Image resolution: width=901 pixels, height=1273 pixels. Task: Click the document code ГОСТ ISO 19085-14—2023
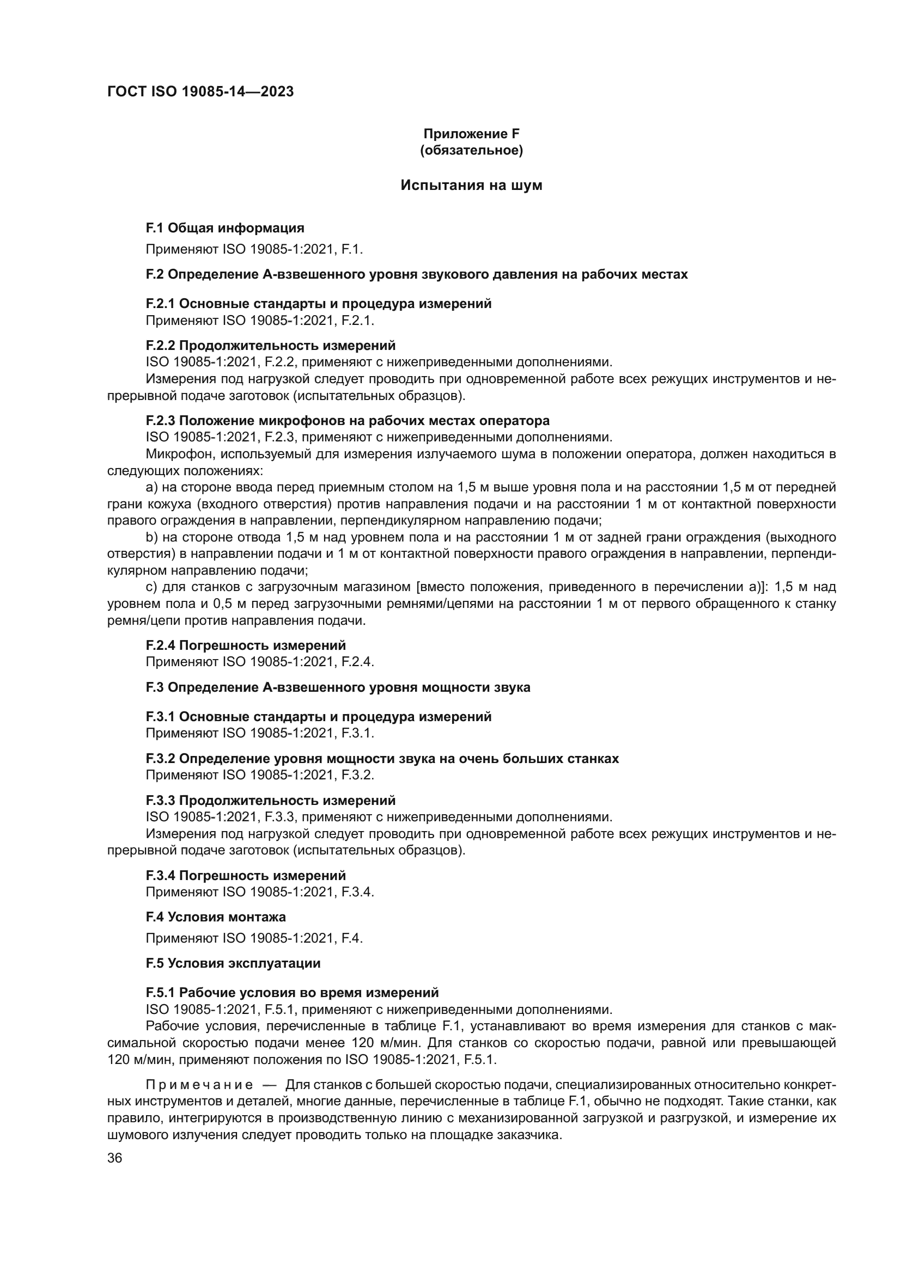[x=200, y=92]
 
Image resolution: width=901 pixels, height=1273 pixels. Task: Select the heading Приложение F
[x=471, y=134]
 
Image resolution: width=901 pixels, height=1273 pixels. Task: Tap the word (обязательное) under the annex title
[x=471, y=150]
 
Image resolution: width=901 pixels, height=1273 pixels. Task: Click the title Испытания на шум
[x=471, y=186]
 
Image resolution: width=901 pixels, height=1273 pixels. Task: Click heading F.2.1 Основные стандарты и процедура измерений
[x=319, y=304]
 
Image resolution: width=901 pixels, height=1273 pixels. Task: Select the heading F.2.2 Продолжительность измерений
[x=271, y=346]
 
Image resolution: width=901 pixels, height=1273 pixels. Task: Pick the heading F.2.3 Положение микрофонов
[x=348, y=420]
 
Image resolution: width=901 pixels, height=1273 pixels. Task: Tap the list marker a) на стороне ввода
[x=151, y=488]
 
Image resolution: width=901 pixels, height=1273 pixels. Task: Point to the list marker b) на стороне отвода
[x=151, y=537]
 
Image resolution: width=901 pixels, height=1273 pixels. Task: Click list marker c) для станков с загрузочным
[x=151, y=587]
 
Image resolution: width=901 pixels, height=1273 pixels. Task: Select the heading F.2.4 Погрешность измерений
[x=246, y=645]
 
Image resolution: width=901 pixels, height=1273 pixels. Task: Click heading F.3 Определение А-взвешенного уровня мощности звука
[x=338, y=687]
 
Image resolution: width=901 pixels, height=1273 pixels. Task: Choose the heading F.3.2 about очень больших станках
[x=382, y=759]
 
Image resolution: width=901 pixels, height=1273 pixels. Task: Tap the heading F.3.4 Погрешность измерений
[x=246, y=876]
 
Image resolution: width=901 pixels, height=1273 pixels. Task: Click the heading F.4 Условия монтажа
[x=216, y=917]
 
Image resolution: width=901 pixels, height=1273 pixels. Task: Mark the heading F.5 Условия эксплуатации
[x=233, y=963]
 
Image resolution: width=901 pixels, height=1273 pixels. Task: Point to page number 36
[x=115, y=1158]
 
